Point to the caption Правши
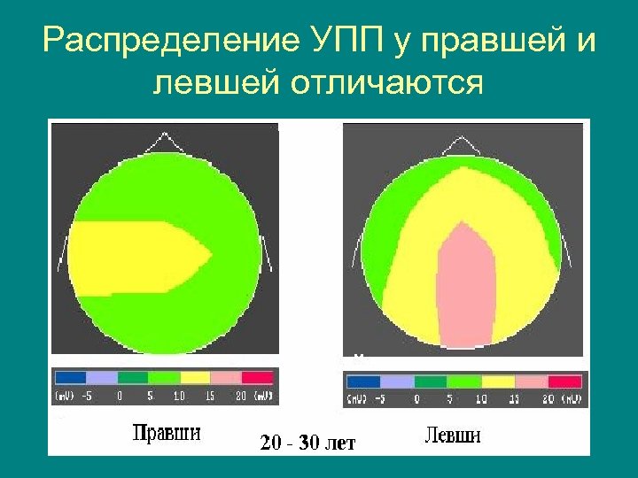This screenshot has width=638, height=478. pos(167,433)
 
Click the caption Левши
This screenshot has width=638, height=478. pos(452,436)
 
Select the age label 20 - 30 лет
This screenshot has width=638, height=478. pos(307,443)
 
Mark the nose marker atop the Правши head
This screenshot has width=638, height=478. pos(163,142)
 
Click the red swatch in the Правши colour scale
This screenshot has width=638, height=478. pos(258,375)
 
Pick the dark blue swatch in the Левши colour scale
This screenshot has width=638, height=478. pos(363,382)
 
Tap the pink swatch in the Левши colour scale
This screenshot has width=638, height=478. pos(531,382)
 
